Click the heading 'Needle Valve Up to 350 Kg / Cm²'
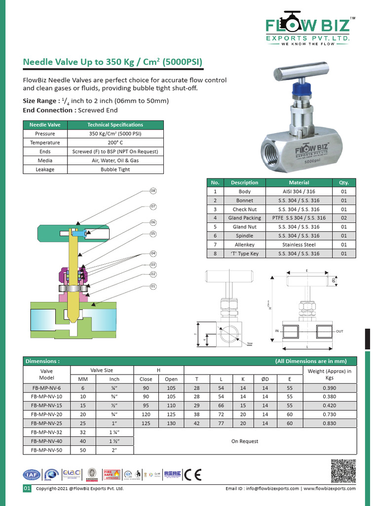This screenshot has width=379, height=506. pyautogui.click(x=113, y=62)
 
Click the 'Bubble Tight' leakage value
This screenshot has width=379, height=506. pyautogui.click(x=115, y=169)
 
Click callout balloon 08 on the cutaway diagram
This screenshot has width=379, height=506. pyautogui.click(x=153, y=191)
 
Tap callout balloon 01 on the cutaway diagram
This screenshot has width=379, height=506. pyautogui.click(x=153, y=286)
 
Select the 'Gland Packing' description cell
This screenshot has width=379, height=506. pyautogui.click(x=244, y=218)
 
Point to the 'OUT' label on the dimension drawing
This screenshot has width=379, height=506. pyautogui.click(x=340, y=331)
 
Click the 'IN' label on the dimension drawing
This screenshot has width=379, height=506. pyautogui.click(x=277, y=330)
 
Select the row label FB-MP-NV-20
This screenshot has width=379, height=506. pyautogui.click(x=47, y=415)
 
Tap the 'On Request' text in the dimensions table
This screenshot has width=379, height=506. pyautogui.click(x=245, y=441)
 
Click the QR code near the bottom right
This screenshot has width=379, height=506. pyautogui.click(x=342, y=471)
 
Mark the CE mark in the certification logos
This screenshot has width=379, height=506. pyautogui.click(x=192, y=474)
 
